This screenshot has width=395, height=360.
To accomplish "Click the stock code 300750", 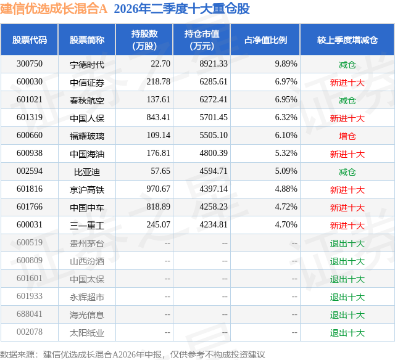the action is pyautogui.click(x=30, y=63).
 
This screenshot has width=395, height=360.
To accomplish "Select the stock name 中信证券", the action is pyautogui.click(x=87, y=83).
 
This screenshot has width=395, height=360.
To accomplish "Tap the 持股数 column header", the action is pyautogui.click(x=144, y=39).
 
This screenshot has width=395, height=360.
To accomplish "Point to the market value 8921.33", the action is pyautogui.click(x=214, y=63).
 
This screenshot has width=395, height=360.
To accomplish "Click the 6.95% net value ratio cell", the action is pyautogui.click(x=286, y=99).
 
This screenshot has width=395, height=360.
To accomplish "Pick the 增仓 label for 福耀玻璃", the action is pyautogui.click(x=347, y=136).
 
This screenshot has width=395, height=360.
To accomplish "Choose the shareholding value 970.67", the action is pyautogui.click(x=158, y=189).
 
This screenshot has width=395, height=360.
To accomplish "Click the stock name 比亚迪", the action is pyautogui.click(x=87, y=172).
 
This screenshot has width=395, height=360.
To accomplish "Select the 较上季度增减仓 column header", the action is pyautogui.click(x=347, y=39).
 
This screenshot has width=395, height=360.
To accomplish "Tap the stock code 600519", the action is pyautogui.click(x=30, y=242).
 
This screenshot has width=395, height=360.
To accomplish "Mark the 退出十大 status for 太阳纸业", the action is pyautogui.click(x=347, y=333).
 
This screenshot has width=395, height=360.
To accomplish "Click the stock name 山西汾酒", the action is pyautogui.click(x=87, y=261).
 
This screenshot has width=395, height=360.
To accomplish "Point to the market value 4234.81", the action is pyautogui.click(x=214, y=224).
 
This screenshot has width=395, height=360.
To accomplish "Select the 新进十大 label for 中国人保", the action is pyautogui.click(x=347, y=118).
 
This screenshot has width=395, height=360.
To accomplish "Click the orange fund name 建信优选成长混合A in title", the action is pyautogui.click(x=54, y=9).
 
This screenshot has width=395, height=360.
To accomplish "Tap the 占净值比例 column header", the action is pyautogui.click(x=265, y=39).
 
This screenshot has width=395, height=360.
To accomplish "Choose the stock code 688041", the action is pyautogui.click(x=30, y=314).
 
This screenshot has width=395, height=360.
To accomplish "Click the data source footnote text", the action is pyautogui.click(x=133, y=354).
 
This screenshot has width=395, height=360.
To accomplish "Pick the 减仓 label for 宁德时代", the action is pyautogui.click(x=347, y=65).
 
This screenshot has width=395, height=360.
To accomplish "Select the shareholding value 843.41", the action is pyautogui.click(x=158, y=117).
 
